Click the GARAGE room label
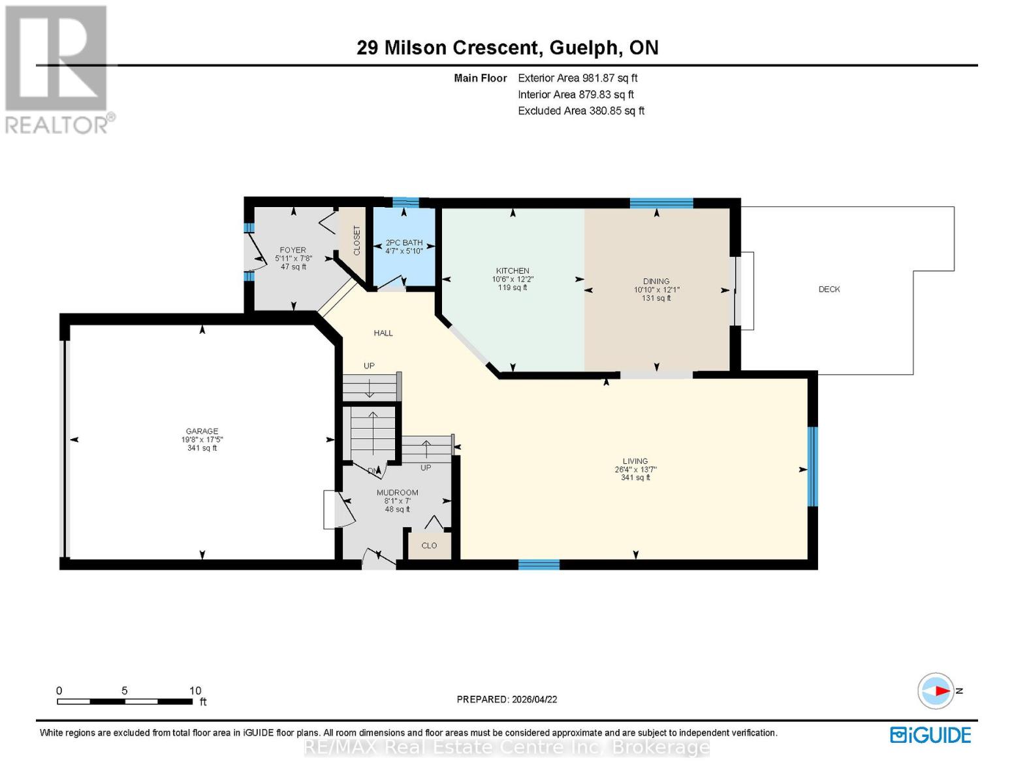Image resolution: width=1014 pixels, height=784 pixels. click(202, 431)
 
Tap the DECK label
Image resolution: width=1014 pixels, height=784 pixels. click(829, 289)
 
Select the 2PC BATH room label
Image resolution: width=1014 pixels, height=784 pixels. click(404, 242)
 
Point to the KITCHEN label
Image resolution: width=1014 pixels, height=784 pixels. click(513, 270)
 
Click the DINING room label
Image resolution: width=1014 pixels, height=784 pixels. click(656, 282)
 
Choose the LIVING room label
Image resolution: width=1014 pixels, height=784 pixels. click(635, 461)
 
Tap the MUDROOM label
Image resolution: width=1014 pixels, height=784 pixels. click(397, 493)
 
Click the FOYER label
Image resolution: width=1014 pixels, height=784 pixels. click(293, 250)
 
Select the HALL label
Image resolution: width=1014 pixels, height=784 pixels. click(383, 333)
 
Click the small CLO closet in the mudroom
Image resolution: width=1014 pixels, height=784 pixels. click(429, 546)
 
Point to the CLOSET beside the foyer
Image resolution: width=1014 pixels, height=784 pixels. click(356, 240)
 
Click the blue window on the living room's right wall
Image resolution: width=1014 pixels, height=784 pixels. click(812, 466)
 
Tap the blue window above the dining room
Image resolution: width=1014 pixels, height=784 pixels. click(661, 203)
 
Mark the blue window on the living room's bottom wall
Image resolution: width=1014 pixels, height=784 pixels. click(539, 564)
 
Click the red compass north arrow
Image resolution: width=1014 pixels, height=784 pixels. click(940, 691)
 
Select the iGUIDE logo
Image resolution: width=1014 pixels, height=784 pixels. click(930, 735)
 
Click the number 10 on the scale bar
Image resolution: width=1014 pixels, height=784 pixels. click(195, 691)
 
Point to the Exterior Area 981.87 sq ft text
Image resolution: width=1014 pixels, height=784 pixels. click(577, 78)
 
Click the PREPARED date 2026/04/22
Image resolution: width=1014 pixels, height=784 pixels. click(507, 699)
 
